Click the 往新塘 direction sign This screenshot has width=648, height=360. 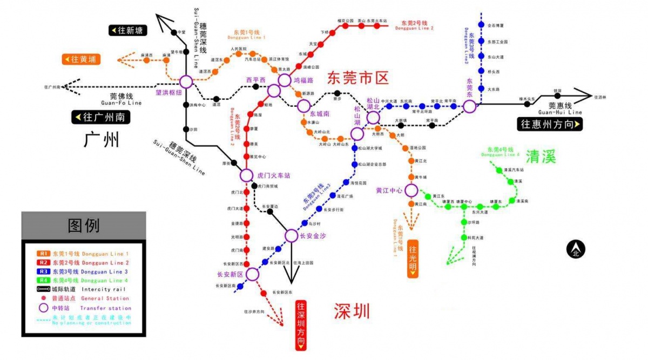(128, 30)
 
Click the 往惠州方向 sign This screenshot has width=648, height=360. (550, 124)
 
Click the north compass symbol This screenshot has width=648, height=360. (575, 249)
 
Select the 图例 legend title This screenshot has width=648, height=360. (83, 225)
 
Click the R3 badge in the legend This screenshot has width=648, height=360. (44, 272)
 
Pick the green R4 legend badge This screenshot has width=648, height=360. (44, 281)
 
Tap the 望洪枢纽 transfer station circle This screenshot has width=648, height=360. (186, 82)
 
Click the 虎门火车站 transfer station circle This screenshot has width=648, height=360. (246, 175)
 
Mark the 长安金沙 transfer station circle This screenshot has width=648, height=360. (291, 235)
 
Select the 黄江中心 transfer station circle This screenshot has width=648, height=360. (411, 190)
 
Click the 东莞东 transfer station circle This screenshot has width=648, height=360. (470, 106)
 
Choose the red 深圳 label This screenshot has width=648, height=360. (352, 311)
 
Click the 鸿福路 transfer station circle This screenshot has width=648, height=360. (285, 80)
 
